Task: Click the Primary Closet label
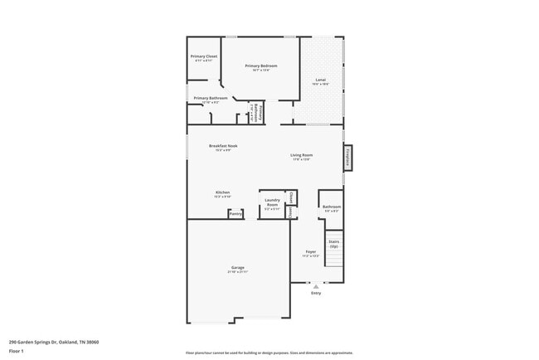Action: (x=204, y=56)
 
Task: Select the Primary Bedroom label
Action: (x=260, y=66)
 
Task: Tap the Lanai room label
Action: (x=321, y=80)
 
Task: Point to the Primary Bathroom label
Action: (x=211, y=98)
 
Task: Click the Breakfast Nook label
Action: (x=226, y=146)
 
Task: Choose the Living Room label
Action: (x=301, y=155)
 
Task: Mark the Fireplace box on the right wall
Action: (x=348, y=158)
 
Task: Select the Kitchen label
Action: (x=222, y=192)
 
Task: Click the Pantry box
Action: (x=236, y=213)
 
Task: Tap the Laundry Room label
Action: (x=272, y=202)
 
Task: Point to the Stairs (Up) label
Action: (x=333, y=244)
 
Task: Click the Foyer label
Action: (x=310, y=251)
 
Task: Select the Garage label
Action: (x=237, y=268)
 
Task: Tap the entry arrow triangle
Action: (x=315, y=286)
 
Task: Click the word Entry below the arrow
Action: (x=315, y=293)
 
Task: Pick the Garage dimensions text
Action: (x=237, y=272)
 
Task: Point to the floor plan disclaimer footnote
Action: (x=269, y=353)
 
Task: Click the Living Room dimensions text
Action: (x=301, y=159)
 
